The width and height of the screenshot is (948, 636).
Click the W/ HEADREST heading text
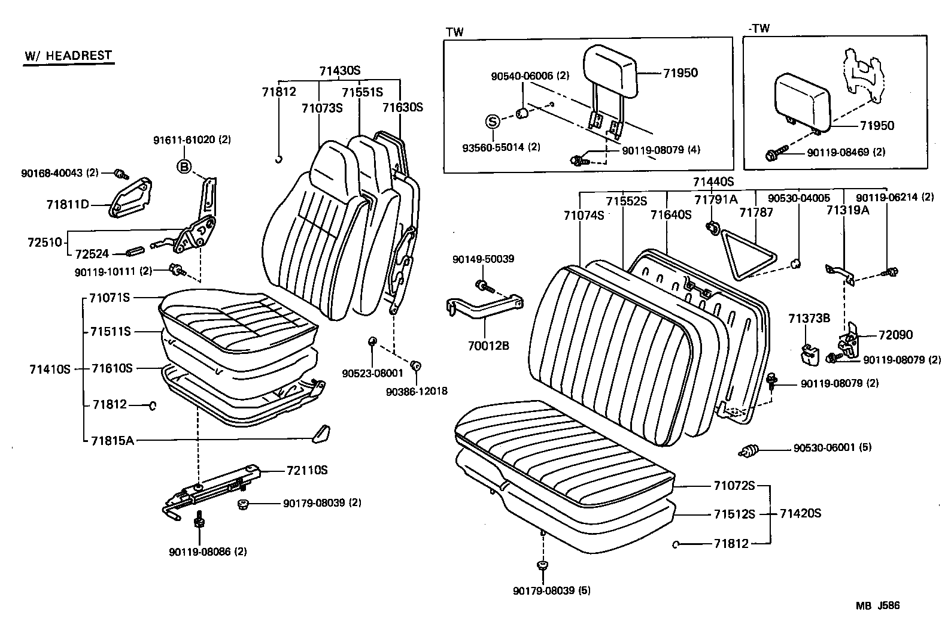(68, 56)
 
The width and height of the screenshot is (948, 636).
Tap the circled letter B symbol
(184, 166)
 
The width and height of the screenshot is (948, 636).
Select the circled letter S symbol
(491, 122)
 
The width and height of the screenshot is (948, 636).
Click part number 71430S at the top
(339, 71)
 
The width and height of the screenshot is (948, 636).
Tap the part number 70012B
(489, 346)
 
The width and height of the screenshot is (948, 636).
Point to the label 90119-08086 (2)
(208, 552)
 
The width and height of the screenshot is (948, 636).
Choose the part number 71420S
(800, 513)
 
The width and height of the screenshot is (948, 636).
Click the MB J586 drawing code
(876, 605)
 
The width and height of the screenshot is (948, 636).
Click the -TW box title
(759, 28)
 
